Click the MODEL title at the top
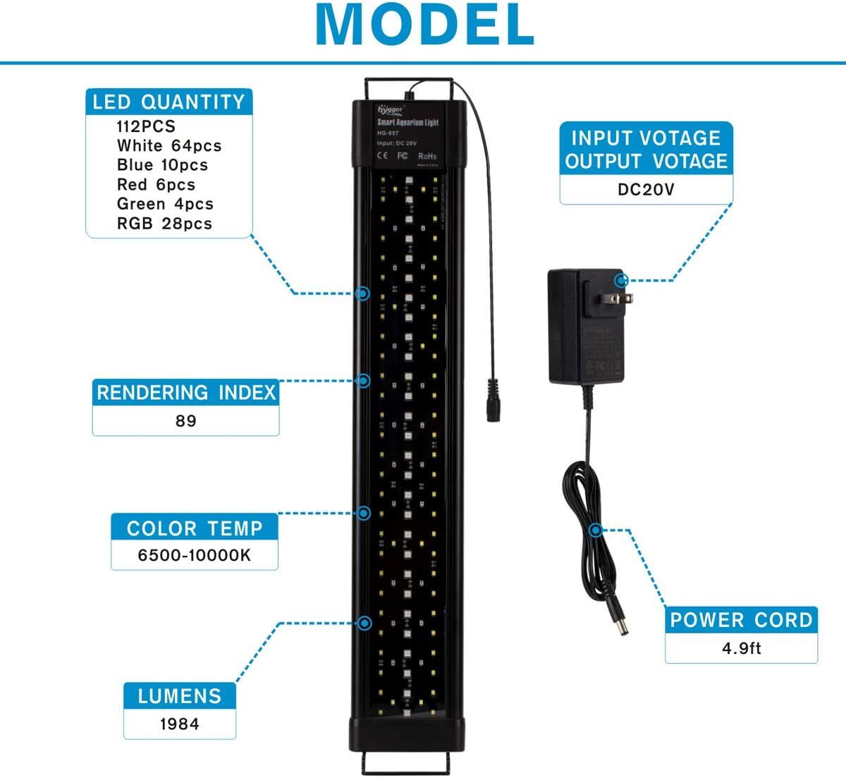[424, 25]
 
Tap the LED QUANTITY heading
[168, 102]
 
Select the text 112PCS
[146, 127]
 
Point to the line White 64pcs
[169, 146]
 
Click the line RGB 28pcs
[164, 224]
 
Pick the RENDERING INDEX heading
[186, 393]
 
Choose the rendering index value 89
[186, 421]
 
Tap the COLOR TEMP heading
[195, 528]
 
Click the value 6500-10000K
[195, 555]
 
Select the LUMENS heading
[180, 696]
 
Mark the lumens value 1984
[180, 724]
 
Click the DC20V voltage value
[646, 190]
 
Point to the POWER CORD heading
[741, 620]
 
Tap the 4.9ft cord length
[741, 648]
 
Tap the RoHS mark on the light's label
[427, 156]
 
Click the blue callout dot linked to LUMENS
[364, 623]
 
